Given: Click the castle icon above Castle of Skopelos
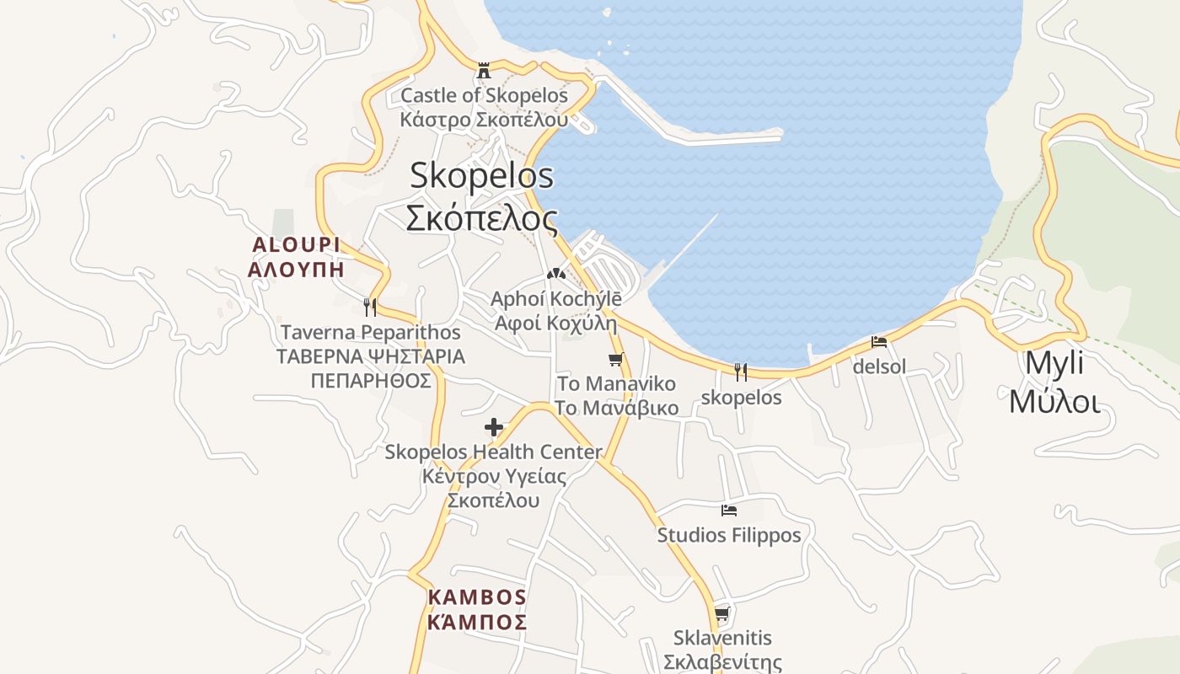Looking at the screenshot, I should point(484,70).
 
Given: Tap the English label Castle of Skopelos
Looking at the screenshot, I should point(484,95).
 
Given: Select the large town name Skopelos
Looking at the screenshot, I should point(481,175).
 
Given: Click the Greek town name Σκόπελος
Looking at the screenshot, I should point(481,218).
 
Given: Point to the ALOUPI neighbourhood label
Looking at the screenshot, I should point(296,245).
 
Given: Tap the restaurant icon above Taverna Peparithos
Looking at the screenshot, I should point(369,307).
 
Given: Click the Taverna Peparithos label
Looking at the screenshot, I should point(371,333).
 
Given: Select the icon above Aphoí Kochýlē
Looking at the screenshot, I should point(555,274).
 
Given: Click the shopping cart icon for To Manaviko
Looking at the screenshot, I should point(616,360).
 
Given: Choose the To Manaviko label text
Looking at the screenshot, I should point(617,384).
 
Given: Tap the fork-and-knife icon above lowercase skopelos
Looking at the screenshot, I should point(741,372).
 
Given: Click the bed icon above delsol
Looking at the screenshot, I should point(879,342).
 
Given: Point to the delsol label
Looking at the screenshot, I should point(879,366).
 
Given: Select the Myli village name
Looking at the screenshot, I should point(1054,364).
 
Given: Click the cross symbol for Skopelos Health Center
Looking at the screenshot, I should point(494,427).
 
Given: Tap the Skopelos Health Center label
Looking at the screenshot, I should point(494,452).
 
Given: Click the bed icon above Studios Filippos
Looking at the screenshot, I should point(729,511).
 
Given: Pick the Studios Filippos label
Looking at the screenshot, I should point(729,535).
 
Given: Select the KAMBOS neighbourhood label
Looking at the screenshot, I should point(477,597).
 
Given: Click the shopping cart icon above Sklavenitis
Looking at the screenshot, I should point(721,613).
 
